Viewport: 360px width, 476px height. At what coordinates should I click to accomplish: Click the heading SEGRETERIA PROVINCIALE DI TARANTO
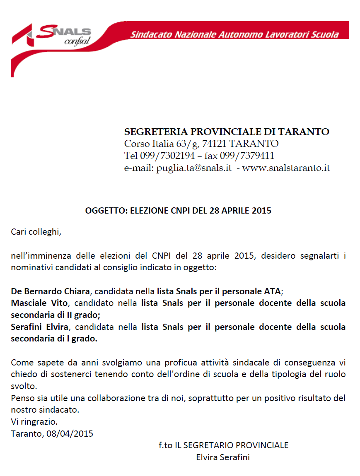pos(227,132)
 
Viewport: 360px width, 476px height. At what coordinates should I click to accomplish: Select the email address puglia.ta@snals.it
pos(193,168)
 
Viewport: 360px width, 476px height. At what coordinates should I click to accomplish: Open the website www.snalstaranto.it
pos(286,168)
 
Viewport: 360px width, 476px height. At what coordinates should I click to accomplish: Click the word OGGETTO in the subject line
pos(106,211)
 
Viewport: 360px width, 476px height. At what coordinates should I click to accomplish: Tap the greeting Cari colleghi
pos(36,231)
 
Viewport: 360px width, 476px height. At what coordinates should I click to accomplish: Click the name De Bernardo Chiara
pos(50,291)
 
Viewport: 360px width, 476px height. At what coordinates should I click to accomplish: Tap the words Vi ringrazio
pos(34,422)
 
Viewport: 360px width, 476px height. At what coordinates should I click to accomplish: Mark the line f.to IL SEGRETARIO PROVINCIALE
pos(223,445)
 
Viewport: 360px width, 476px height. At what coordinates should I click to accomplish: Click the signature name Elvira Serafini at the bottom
pos(223,457)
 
